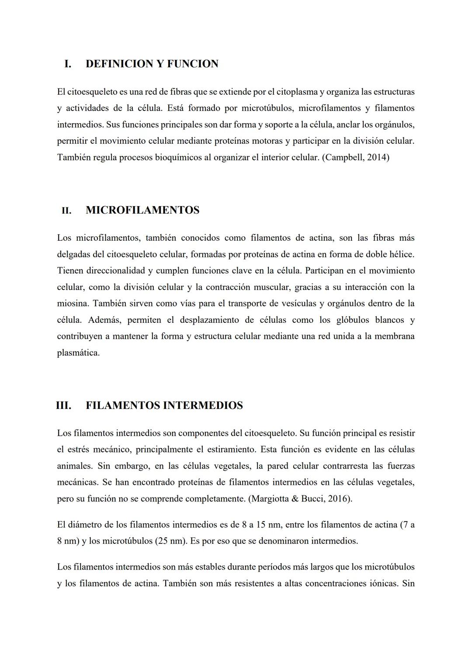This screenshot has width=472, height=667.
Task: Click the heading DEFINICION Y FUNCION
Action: (152, 64)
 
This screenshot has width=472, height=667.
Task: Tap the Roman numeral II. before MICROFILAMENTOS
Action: (66, 211)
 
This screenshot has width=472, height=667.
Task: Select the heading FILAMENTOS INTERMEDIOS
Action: (164, 405)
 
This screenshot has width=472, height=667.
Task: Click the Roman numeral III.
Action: (64, 405)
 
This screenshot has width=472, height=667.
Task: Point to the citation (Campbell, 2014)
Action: (355, 157)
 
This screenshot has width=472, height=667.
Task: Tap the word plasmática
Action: (78, 353)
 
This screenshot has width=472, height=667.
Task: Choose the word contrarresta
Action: (345, 466)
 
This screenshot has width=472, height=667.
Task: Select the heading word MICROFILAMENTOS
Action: (142, 211)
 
